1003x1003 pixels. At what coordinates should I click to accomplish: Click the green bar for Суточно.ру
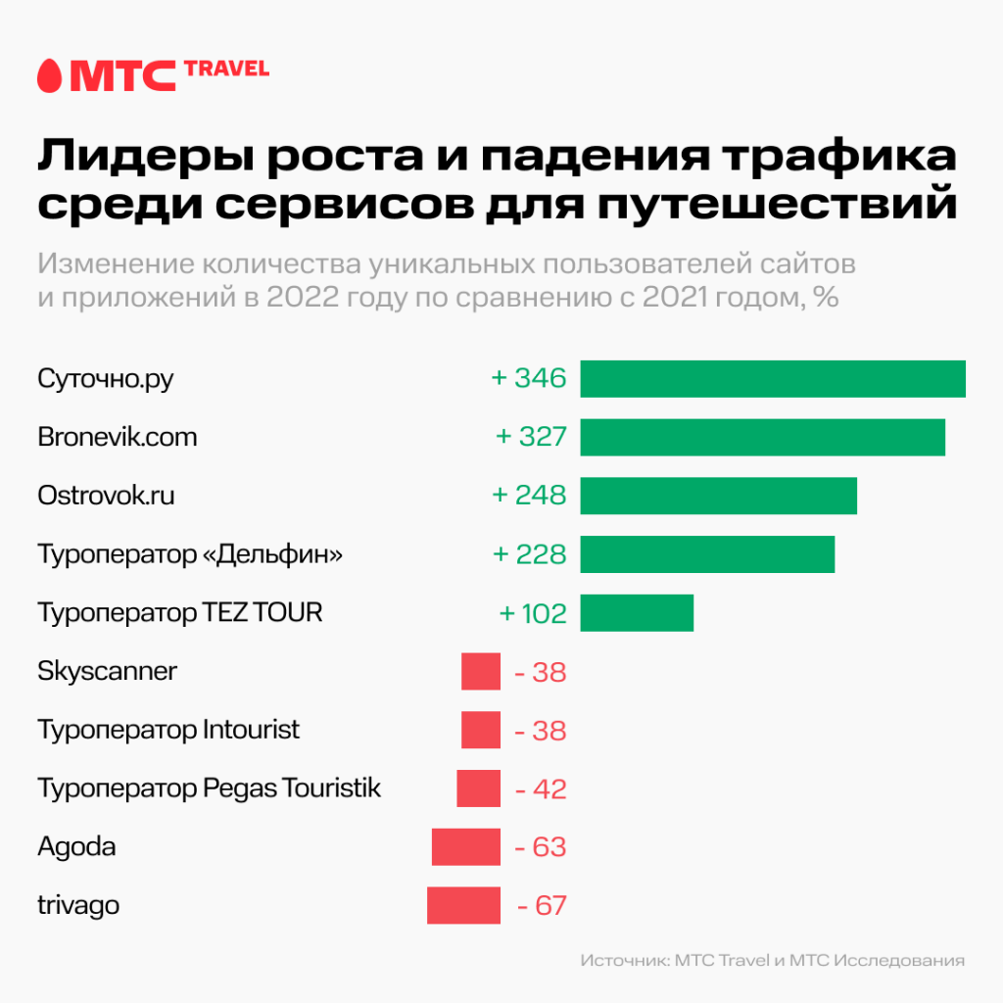[773, 378]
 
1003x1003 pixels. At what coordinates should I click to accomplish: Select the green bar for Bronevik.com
[762, 437]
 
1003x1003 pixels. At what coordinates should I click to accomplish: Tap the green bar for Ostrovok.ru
[718, 496]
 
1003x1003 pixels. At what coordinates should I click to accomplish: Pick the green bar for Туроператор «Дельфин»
[707, 554]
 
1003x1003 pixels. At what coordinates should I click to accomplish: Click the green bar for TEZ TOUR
[637, 613]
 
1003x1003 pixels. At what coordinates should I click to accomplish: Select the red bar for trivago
[463, 905]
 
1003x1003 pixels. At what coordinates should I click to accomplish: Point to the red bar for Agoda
[466, 846]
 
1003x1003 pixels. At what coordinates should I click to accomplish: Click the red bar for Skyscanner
[481, 672]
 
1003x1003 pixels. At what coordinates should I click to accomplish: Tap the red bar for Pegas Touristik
[478, 788]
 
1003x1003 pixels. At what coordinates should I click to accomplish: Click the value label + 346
[529, 378]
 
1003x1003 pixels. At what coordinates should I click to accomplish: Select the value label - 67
[542, 905]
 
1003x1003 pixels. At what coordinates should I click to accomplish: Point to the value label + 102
[533, 613]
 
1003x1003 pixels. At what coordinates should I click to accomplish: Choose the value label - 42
[542, 788]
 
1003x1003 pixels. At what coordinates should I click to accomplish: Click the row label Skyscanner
[108, 672]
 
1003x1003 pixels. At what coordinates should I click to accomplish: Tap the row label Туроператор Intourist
[168, 730]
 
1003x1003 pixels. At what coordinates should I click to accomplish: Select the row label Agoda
[76, 846]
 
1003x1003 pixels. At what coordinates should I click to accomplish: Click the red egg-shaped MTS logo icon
[50, 75]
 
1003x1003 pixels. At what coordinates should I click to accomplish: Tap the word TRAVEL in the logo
[226, 68]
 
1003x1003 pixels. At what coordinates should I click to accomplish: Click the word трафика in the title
[843, 158]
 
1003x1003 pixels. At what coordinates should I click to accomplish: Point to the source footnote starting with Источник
[772, 961]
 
